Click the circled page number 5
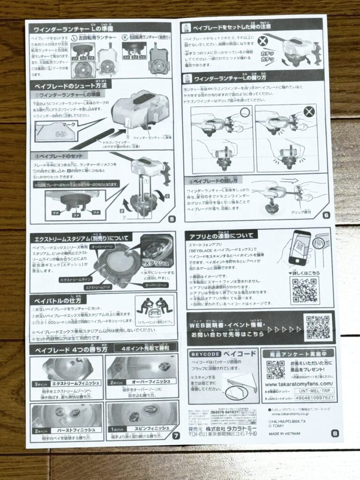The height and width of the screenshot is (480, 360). [x=172, y=219]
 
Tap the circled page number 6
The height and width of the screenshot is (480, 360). [x=326, y=216]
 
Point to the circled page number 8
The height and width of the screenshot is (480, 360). [x=334, y=433]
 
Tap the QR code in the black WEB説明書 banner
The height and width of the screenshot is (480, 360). [x=318, y=327]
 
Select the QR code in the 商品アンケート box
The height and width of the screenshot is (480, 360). [x=275, y=369]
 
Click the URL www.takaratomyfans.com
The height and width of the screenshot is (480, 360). [x=298, y=385]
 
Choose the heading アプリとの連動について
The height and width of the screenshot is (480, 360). [x=221, y=235]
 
